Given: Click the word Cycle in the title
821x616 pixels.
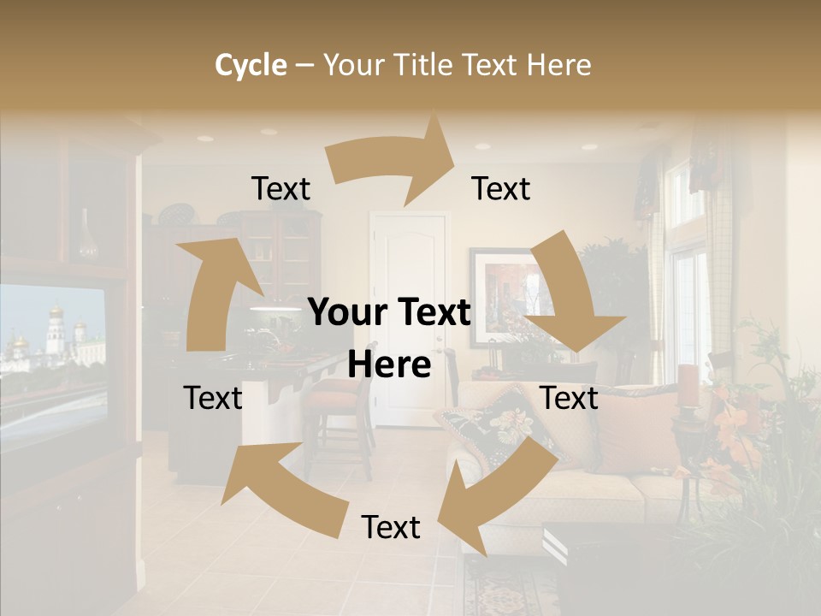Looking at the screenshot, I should point(251,65).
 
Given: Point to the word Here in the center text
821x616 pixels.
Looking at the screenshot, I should point(389,365).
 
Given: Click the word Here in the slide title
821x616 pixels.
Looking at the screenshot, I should point(558,65).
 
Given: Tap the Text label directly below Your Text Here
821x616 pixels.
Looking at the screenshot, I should point(391,527).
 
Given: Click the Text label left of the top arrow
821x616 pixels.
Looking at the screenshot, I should point(281,188).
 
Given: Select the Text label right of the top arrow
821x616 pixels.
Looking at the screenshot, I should point(501,188).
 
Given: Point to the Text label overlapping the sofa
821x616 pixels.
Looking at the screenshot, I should point(570,398).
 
